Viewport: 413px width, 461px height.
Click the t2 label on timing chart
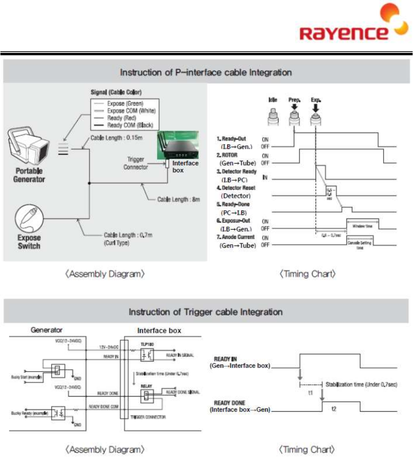click(x=334, y=408)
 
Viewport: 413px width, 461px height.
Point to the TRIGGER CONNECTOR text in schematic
click(x=149, y=417)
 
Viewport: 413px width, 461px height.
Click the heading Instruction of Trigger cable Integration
click(x=205, y=312)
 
